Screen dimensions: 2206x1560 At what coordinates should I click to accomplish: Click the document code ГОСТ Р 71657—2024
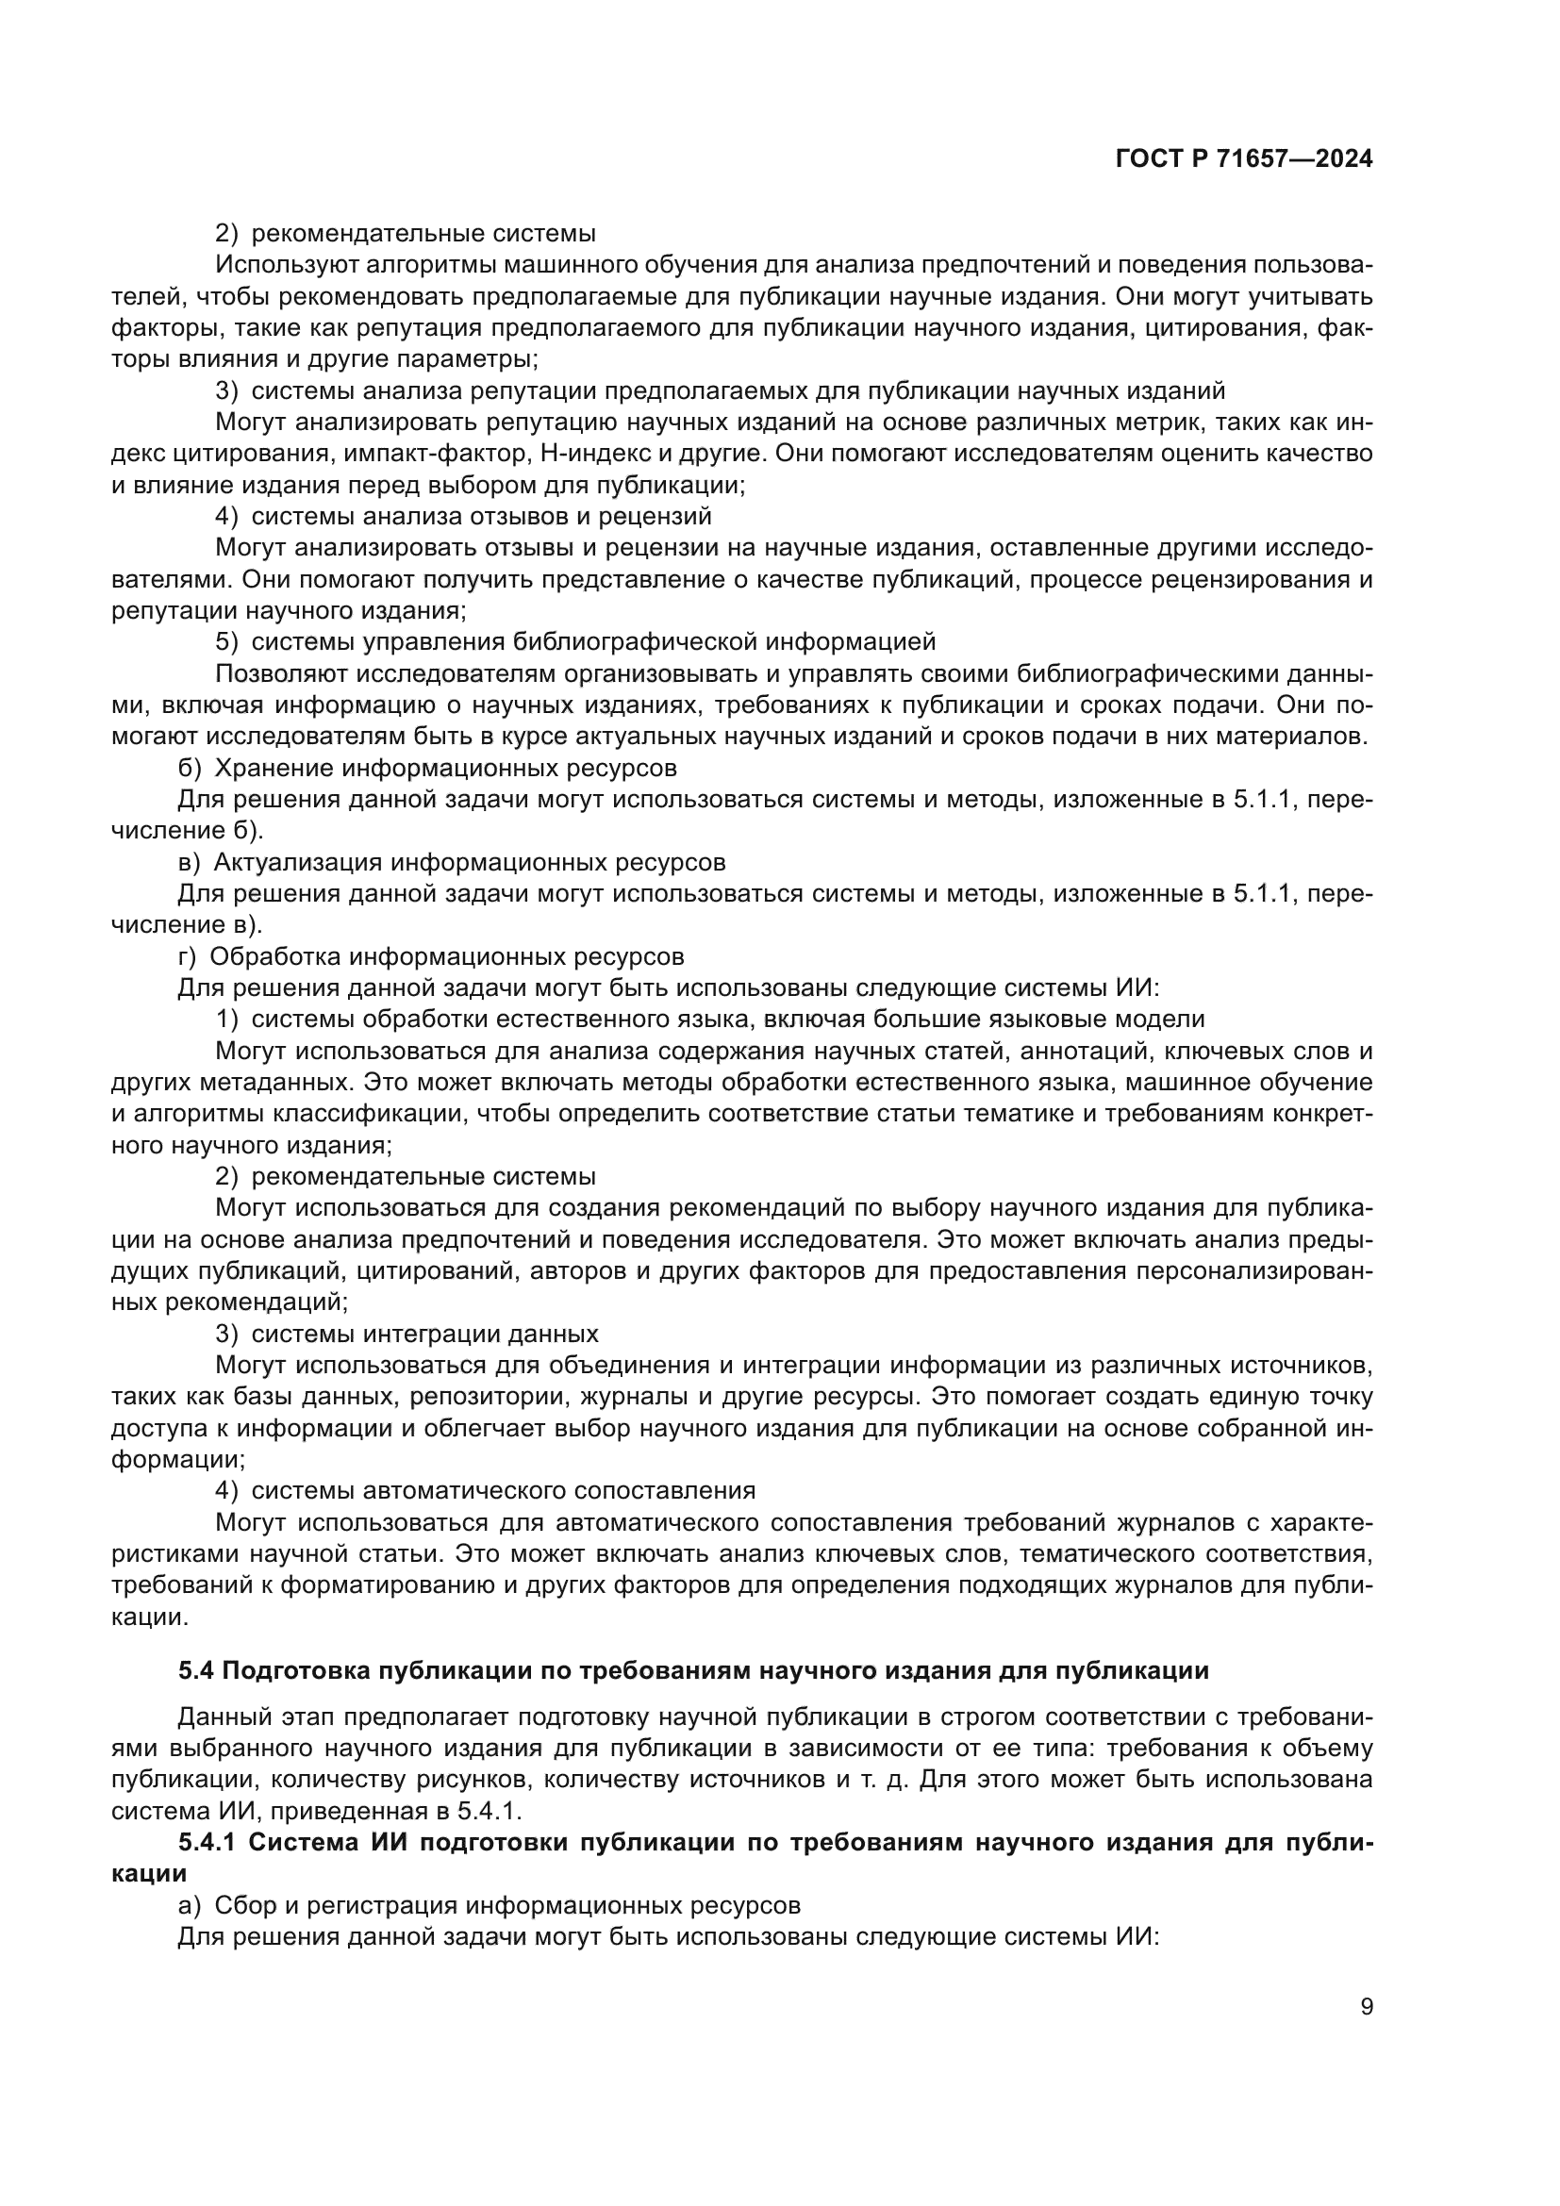[1243, 159]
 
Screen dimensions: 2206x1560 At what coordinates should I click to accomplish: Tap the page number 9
[1366, 2007]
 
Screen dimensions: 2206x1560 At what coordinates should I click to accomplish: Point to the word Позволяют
[287, 673]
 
